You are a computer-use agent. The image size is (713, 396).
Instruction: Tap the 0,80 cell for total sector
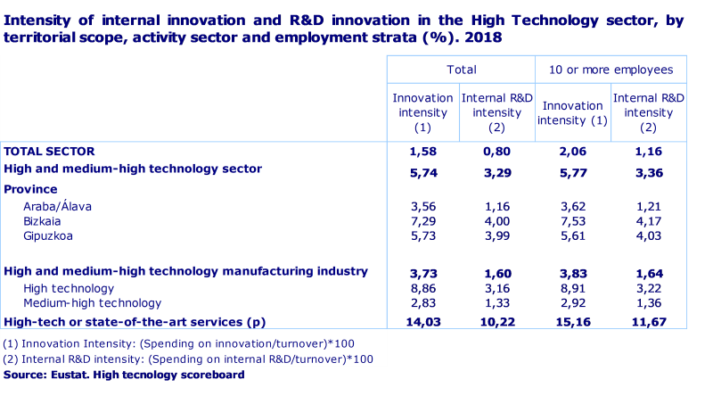point(496,152)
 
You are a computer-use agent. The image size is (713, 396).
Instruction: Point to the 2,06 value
point(572,152)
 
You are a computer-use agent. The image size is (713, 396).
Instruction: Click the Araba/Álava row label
point(58,206)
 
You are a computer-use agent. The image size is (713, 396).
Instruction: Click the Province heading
point(30,189)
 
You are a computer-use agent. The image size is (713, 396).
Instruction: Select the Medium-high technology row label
point(92,302)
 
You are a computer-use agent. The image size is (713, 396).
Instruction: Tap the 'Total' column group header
point(461,70)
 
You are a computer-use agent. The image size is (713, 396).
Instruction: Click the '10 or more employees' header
point(611,70)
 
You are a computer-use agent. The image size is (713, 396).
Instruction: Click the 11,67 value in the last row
point(649,321)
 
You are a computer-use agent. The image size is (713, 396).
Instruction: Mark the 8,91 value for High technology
point(572,289)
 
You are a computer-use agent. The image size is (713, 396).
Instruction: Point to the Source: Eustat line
point(123,375)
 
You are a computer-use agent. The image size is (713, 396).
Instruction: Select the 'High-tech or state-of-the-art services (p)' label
point(136,321)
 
